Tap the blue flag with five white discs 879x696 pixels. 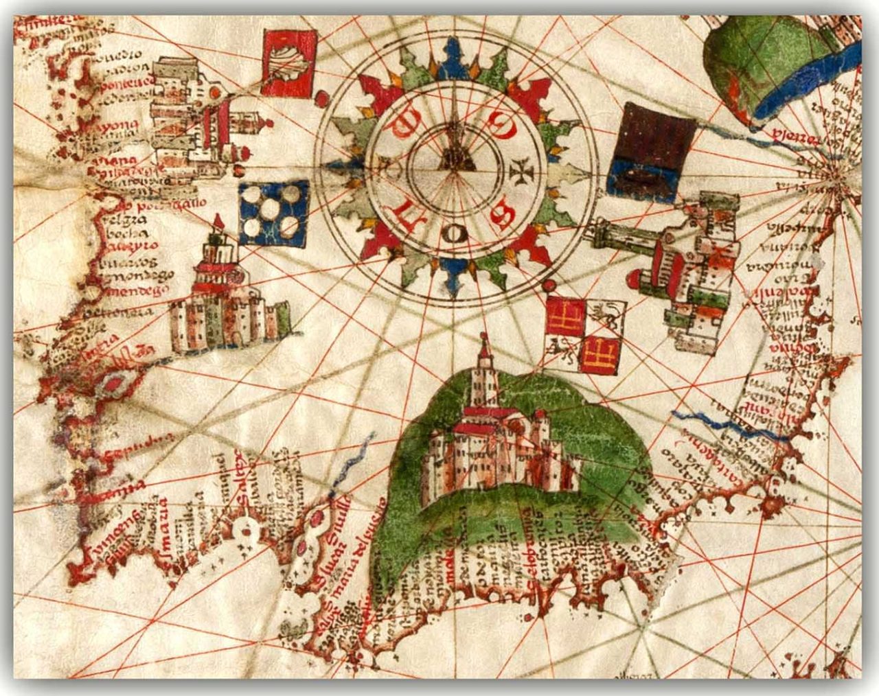(x=273, y=213)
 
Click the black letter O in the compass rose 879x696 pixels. (x=455, y=235)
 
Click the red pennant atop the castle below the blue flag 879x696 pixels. (x=218, y=221)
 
